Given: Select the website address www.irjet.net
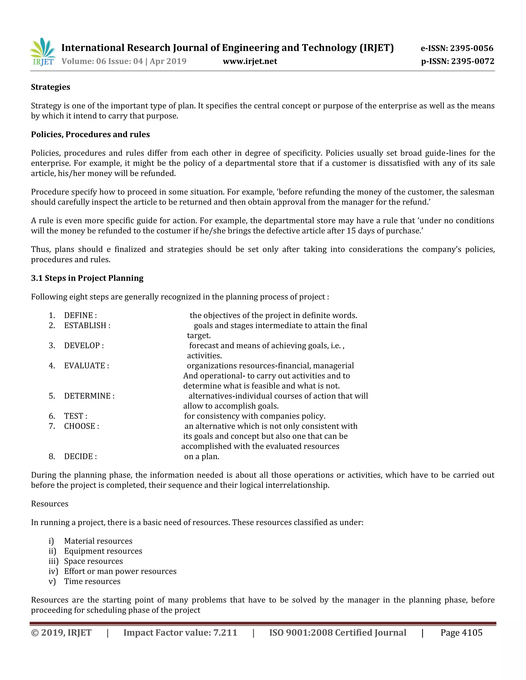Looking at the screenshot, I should pos(250,61).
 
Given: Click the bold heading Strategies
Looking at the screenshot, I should pos(51,87).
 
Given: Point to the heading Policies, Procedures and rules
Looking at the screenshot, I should pos(90,134).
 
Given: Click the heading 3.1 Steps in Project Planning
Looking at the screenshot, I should pos(87,278).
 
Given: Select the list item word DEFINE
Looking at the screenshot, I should pos(79,315).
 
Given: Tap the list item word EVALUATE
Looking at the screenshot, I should pos(85,365).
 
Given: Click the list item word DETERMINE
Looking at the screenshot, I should pos(87,396).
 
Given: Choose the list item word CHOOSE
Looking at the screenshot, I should pos(80,426).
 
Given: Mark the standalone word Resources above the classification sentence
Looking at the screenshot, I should pos(50,504).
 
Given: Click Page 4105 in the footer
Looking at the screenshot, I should pos(461,633).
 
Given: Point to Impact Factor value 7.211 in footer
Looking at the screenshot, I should pos(180,633).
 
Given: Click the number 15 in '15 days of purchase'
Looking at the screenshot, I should pos(351,231).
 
